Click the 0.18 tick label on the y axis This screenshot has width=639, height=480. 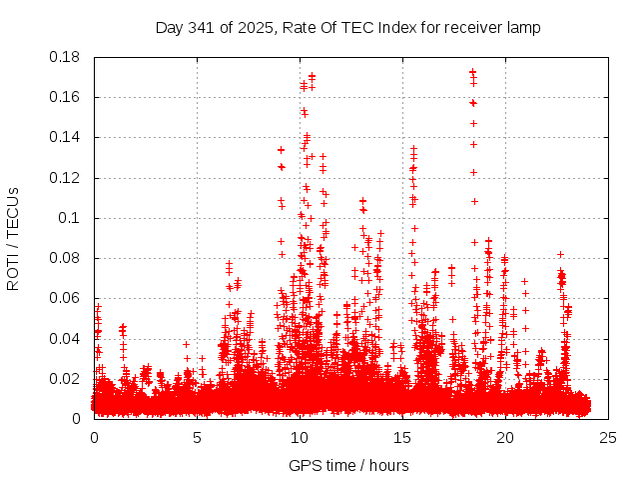[x=65, y=57]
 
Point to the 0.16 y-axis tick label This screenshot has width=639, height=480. [x=65, y=97]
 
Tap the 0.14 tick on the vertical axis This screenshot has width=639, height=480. [x=65, y=137]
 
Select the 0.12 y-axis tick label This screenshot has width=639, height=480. [x=65, y=178]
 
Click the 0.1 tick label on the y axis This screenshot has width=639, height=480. [x=69, y=218]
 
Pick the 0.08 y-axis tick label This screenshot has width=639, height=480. [x=65, y=258]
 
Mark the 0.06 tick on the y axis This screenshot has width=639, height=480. [x=65, y=298]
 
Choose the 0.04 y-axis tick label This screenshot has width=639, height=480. [x=65, y=338]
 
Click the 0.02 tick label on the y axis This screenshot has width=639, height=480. [x=65, y=379]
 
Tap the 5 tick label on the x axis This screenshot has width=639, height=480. [x=197, y=437]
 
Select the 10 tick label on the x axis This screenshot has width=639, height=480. [x=300, y=437]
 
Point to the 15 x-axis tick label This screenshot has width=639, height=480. [x=402, y=437]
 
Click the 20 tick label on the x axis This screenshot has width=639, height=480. [x=505, y=437]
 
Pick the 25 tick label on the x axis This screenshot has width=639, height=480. [x=608, y=437]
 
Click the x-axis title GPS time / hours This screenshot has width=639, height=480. [x=348, y=465]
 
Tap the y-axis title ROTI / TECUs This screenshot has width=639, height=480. [x=13, y=239]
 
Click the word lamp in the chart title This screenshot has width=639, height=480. [x=522, y=27]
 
